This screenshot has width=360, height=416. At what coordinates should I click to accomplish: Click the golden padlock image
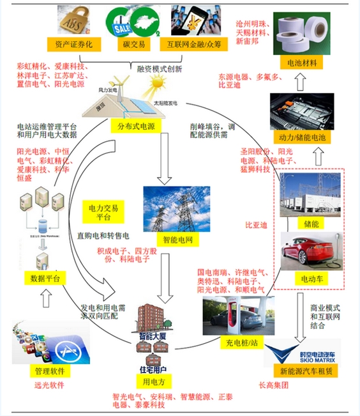(x=75, y=21)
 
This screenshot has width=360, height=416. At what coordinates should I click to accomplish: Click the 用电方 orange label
(x=154, y=382)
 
